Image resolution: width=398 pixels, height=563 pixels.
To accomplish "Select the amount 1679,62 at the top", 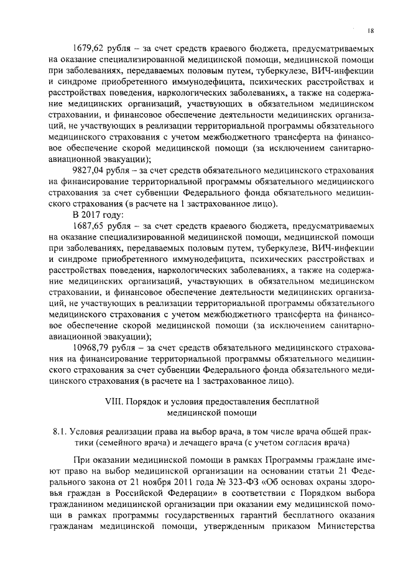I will [90, 48].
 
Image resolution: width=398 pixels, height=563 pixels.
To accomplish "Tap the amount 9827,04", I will [90, 170].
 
